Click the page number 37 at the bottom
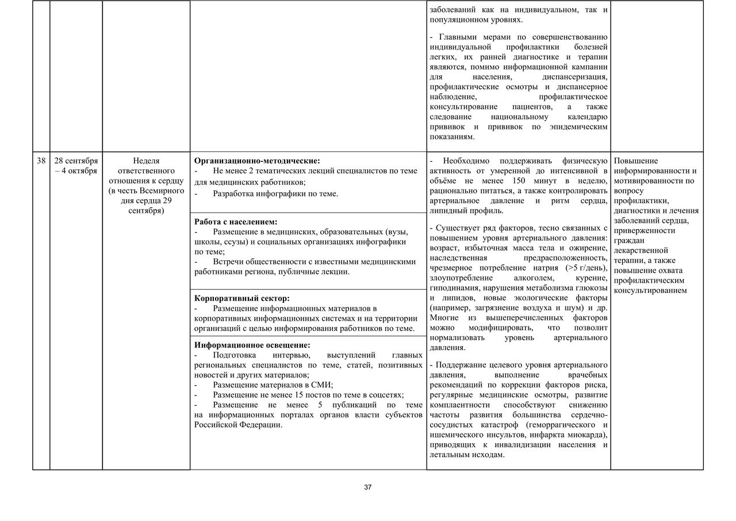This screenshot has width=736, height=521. click(368, 488)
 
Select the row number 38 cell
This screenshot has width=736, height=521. click(41, 161)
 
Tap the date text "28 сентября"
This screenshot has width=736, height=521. click(76, 161)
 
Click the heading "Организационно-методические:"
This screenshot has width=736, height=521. click(257, 161)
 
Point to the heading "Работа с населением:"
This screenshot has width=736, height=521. click(236, 222)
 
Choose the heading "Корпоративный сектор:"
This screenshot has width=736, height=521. click(242, 298)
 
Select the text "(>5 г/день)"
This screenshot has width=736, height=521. click(586, 268)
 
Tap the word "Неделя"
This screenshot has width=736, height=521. click(146, 161)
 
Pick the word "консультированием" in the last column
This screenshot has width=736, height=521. click(650, 290)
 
